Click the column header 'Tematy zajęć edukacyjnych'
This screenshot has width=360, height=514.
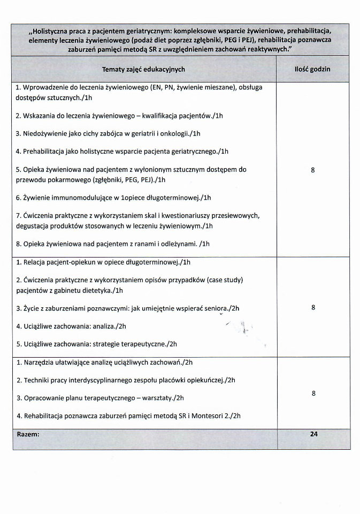(x=143, y=69)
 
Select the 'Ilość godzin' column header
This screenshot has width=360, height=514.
(x=312, y=69)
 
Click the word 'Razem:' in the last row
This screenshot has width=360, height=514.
(x=28, y=434)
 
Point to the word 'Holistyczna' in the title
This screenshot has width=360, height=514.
(x=51, y=30)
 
